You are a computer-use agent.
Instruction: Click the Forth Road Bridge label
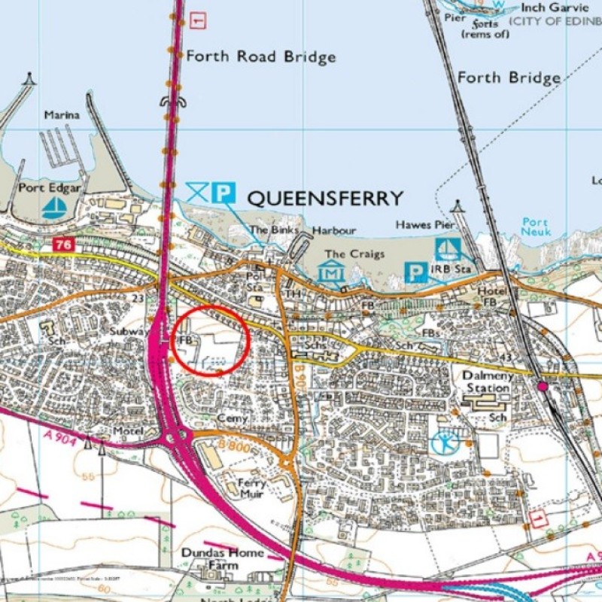(260, 56)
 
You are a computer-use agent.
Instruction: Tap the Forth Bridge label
(509, 78)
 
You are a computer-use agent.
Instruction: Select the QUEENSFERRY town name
(325, 199)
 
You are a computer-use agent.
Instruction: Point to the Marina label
(62, 115)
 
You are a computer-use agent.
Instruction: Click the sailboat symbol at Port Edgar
(53, 208)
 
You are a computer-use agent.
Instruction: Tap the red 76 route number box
(62, 245)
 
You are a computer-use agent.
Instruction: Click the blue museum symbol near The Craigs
(331, 272)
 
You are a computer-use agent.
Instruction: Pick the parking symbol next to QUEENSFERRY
(223, 193)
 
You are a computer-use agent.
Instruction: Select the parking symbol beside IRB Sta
(415, 272)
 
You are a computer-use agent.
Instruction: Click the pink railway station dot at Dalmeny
(542, 386)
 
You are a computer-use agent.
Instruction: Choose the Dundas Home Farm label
(222, 558)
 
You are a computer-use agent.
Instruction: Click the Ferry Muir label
(251, 488)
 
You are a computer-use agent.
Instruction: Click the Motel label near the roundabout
(127, 431)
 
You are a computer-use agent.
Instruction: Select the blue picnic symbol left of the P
(197, 193)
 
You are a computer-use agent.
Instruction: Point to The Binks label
(275, 230)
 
